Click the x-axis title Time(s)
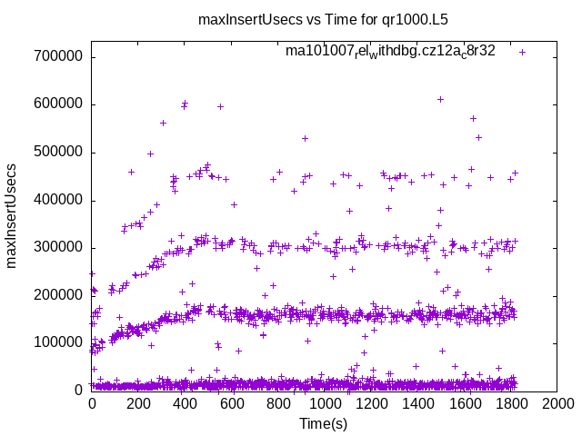point(323,423)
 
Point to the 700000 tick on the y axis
point(57,56)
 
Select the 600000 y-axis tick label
point(57,104)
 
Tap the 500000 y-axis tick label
point(57,152)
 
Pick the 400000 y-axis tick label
point(57,200)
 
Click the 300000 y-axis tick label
point(57,247)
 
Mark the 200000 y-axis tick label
point(57,295)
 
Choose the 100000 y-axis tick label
point(57,342)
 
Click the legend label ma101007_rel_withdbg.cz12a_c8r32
point(390,51)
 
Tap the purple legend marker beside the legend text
point(522,52)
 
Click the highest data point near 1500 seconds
point(440,99)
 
